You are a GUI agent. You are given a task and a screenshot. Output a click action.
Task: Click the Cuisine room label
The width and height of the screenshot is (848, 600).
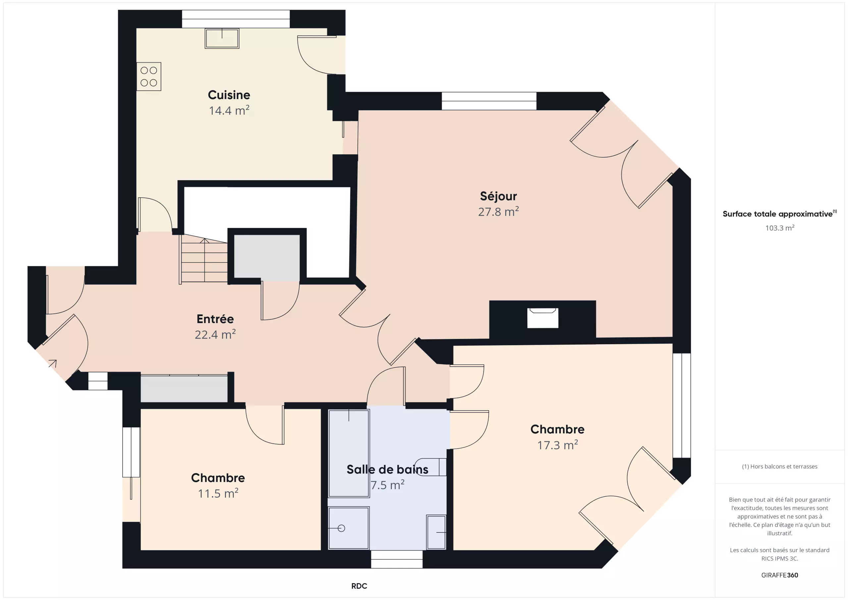coord(229,95)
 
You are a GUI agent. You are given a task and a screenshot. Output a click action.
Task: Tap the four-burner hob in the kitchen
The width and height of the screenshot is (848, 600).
coord(149,77)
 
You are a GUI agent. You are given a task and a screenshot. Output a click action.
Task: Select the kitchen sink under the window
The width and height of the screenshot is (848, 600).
coord(222,38)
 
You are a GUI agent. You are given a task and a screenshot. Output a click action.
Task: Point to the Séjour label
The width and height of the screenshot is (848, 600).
coord(498,196)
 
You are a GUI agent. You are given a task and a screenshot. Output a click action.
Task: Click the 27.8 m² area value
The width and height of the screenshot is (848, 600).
coord(498,212)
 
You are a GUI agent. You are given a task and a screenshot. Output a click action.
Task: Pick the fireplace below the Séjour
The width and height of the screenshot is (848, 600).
coord(543,318)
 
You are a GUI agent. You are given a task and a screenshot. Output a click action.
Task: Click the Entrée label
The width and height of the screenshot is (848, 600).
coord(215,319)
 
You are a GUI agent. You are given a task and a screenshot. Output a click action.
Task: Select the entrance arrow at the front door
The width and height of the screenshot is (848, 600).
coord(52,363)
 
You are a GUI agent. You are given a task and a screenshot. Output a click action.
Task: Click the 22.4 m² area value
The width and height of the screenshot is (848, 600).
coord(215,334)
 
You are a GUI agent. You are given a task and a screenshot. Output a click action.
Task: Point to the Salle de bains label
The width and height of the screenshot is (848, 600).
coord(388,469)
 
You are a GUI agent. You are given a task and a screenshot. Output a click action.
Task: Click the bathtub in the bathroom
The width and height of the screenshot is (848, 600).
coord(349,453)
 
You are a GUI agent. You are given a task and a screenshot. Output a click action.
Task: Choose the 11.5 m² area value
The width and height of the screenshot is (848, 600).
coord(218,493)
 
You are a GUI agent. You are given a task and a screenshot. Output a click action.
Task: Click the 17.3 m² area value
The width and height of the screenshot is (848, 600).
coord(557,445)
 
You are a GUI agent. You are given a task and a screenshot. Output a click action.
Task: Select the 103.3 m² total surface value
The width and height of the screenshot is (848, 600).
coord(780,228)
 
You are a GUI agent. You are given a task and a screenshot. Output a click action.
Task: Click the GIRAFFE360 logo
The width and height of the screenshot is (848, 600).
coord(780,575)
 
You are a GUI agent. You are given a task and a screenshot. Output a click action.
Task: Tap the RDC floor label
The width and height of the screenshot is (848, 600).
coord(359,586)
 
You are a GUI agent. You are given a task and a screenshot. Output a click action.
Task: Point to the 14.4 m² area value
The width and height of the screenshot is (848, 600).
coord(229,110)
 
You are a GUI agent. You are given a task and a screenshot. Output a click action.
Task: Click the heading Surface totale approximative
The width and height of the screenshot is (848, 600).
coord(777,214)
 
